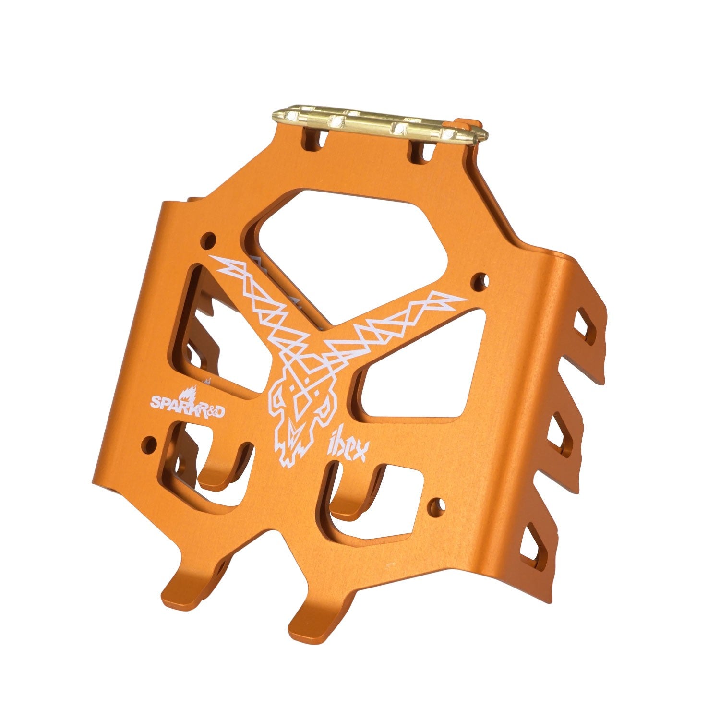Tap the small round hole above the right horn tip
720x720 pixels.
pyautogui.click(x=480, y=279)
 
